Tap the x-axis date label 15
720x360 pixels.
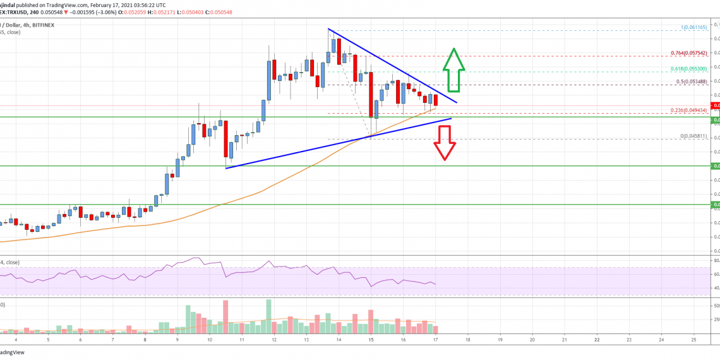tap(371, 339)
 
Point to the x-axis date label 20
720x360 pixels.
tap(532, 339)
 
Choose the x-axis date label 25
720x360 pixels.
tap(694, 339)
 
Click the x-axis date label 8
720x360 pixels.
tap(145, 339)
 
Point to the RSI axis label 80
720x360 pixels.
tap(716, 260)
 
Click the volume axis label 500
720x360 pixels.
tap(716, 306)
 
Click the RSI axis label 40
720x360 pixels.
tap(716, 288)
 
